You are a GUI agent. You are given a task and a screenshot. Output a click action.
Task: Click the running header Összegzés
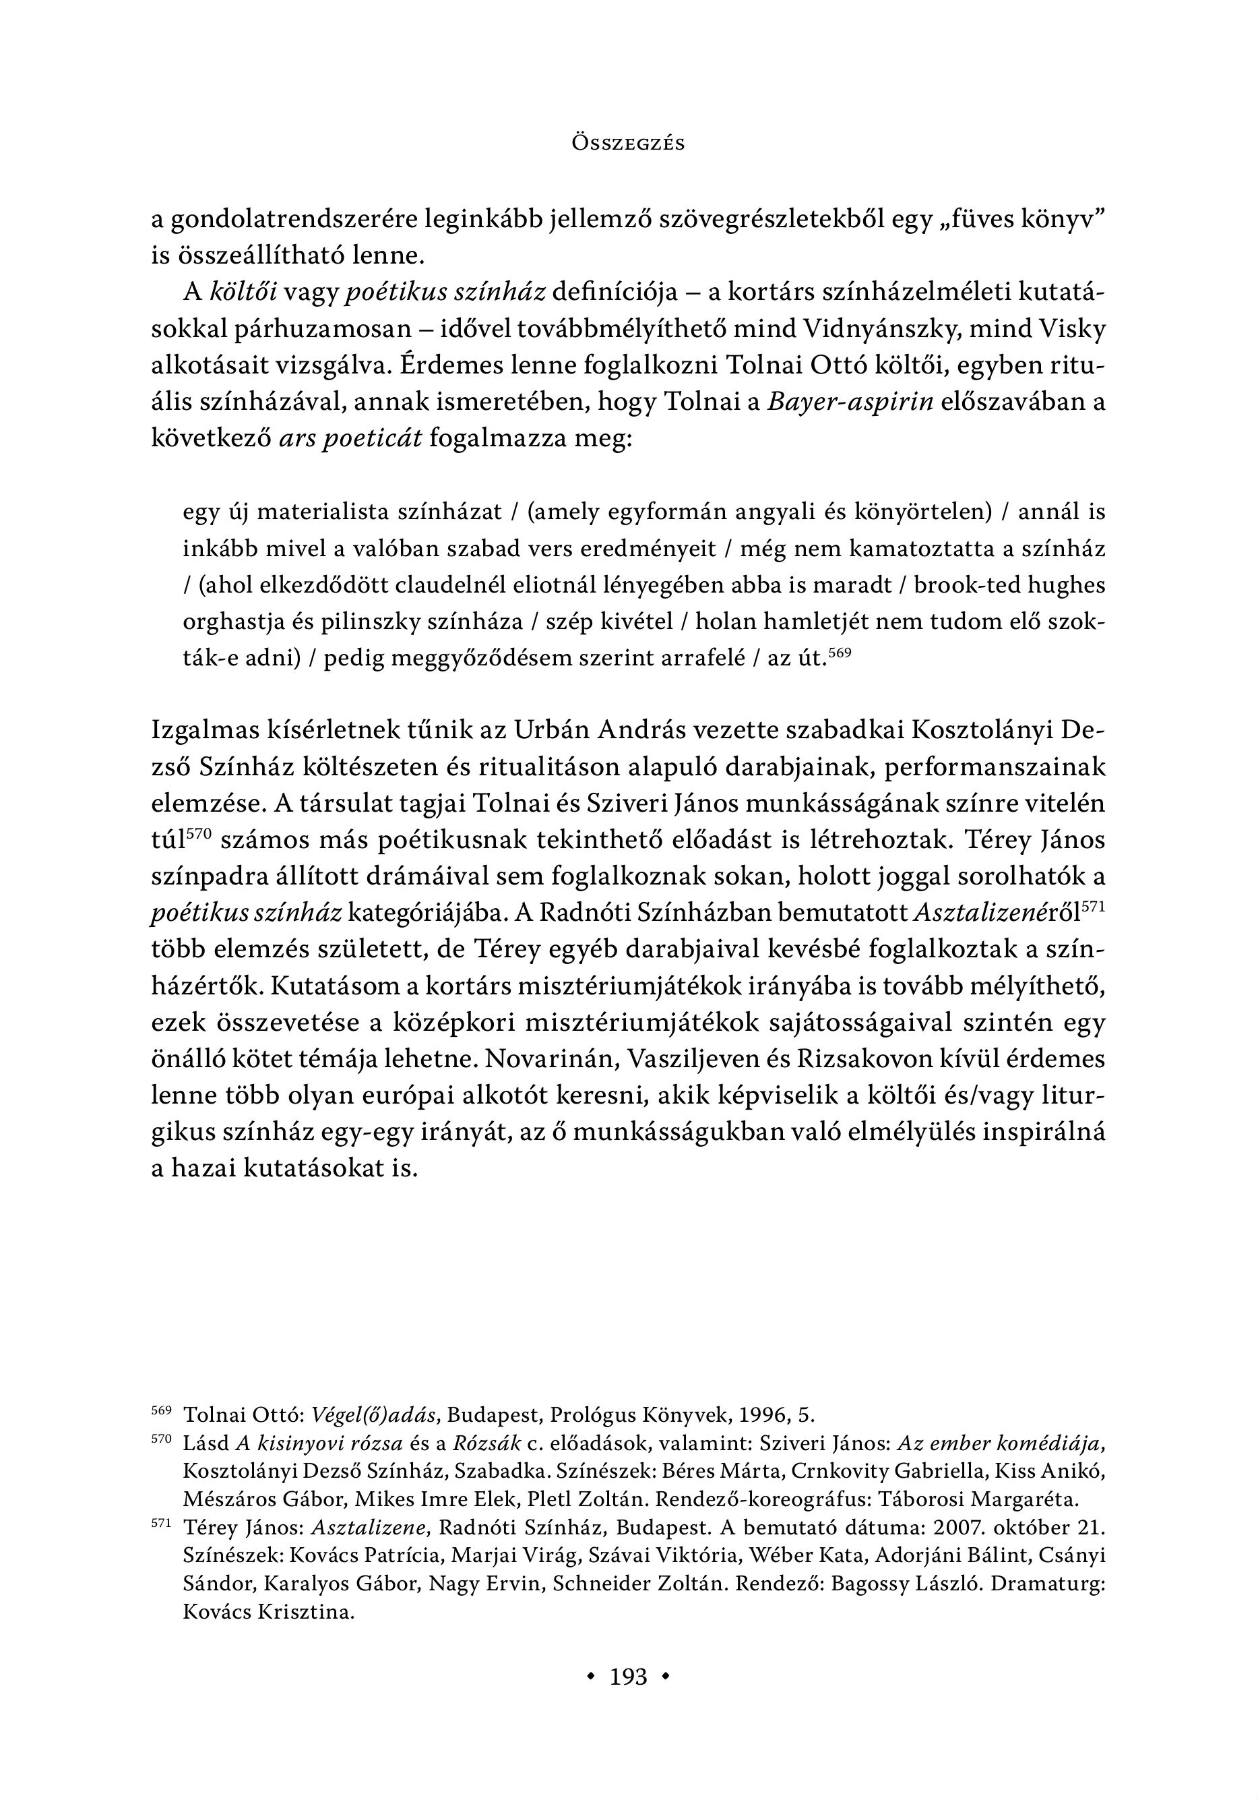coord(629,144)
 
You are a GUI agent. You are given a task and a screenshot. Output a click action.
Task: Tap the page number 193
coord(629,1676)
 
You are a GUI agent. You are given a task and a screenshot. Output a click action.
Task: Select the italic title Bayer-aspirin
coord(850,402)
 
